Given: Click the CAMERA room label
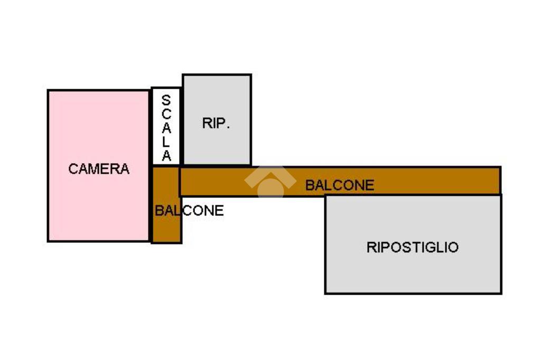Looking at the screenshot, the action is pos(99,169).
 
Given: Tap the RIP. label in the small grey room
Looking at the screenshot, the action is pos(216,124).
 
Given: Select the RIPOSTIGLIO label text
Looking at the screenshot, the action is pos(413,247).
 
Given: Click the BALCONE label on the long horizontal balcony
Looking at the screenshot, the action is pos(340,185).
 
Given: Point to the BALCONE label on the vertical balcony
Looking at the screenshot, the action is pos(189,211).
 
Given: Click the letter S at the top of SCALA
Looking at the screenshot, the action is pos(166,100).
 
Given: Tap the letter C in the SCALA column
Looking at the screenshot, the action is pos(166,114).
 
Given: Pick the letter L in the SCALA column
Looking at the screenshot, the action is pos(166,143).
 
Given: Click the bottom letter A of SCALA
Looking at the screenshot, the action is pos(166,156).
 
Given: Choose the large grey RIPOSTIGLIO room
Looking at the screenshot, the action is pos(413,269).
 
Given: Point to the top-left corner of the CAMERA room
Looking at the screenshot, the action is pos(49,91).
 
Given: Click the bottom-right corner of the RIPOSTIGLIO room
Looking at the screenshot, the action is pos(500,292).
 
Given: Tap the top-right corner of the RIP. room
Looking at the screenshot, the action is pos(250,75).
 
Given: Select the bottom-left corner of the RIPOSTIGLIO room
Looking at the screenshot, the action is pos(326,292).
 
